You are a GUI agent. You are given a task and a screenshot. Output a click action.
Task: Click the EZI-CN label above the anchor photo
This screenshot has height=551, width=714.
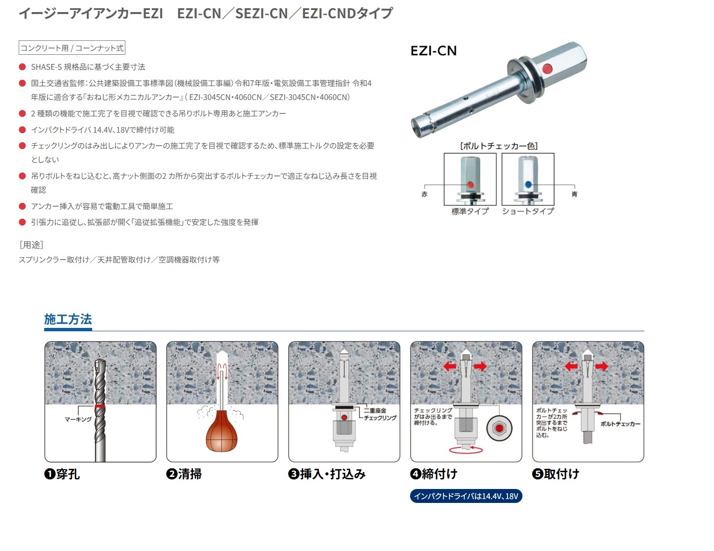click(x=433, y=50)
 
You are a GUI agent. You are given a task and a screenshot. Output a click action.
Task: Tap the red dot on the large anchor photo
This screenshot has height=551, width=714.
click(x=547, y=69)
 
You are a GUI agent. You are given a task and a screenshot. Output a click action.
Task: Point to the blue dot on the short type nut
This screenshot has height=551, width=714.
click(x=528, y=184)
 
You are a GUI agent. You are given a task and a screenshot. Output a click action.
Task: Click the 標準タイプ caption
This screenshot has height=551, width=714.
click(x=470, y=211)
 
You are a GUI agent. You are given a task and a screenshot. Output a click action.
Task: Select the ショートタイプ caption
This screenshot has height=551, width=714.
click(x=528, y=211)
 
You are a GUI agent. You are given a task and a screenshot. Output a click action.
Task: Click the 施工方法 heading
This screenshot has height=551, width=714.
click(x=68, y=319)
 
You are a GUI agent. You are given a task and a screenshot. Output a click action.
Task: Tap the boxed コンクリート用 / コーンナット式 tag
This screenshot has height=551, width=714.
click(x=72, y=48)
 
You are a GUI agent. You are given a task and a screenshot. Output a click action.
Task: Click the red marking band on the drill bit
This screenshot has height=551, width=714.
click(x=100, y=406)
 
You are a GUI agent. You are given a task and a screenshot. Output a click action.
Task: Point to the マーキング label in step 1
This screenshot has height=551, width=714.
click(x=78, y=419)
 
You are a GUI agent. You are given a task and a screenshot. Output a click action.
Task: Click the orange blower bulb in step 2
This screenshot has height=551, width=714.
click(x=221, y=432)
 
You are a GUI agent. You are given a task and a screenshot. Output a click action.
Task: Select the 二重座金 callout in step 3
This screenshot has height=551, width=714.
click(x=375, y=411)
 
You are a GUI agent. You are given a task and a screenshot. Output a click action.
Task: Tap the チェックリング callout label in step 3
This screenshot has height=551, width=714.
click(x=380, y=418)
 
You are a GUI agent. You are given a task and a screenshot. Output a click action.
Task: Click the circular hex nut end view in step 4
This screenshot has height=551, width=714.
click(x=499, y=428)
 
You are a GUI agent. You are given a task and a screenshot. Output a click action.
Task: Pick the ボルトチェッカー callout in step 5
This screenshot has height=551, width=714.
click(x=620, y=424)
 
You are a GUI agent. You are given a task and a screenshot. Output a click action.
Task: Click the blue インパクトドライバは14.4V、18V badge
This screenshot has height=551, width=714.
click(x=466, y=496)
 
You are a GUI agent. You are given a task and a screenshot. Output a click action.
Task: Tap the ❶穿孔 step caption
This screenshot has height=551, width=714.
click(x=62, y=474)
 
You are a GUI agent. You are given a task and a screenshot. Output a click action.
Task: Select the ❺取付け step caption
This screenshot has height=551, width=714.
click(x=556, y=474)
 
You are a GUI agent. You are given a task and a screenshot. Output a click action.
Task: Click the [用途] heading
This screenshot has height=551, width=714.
click(x=31, y=245)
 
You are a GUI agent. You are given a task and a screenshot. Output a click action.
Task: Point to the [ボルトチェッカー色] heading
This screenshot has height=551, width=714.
click(x=499, y=146)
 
